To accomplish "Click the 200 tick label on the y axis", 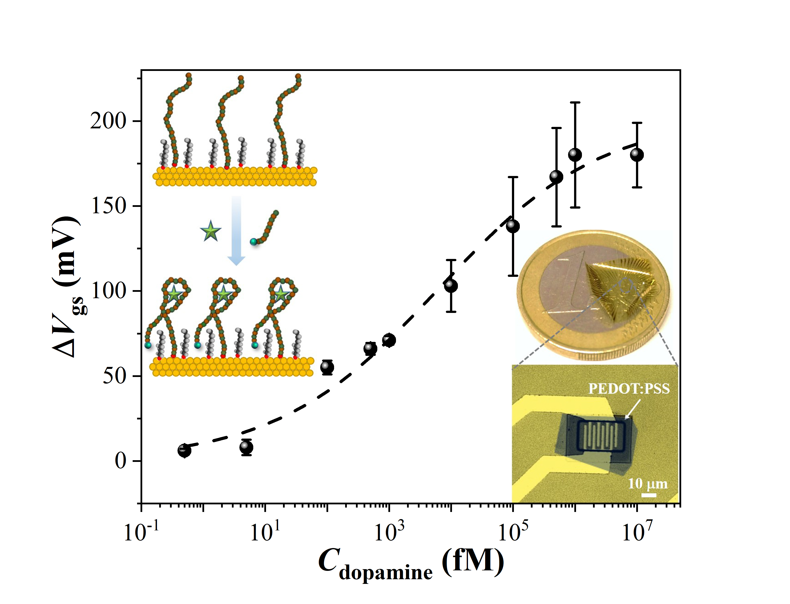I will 108,121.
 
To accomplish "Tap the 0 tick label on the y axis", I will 121,461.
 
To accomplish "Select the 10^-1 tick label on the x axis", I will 141,532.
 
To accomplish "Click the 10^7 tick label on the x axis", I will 637,532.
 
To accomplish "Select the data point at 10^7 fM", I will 637,155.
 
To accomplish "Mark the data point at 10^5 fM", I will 513,226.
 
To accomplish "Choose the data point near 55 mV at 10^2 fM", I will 327,367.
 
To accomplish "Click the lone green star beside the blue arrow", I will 211,231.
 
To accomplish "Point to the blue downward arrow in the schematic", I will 236,230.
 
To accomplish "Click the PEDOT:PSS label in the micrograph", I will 629,389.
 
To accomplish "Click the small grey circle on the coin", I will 626,285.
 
